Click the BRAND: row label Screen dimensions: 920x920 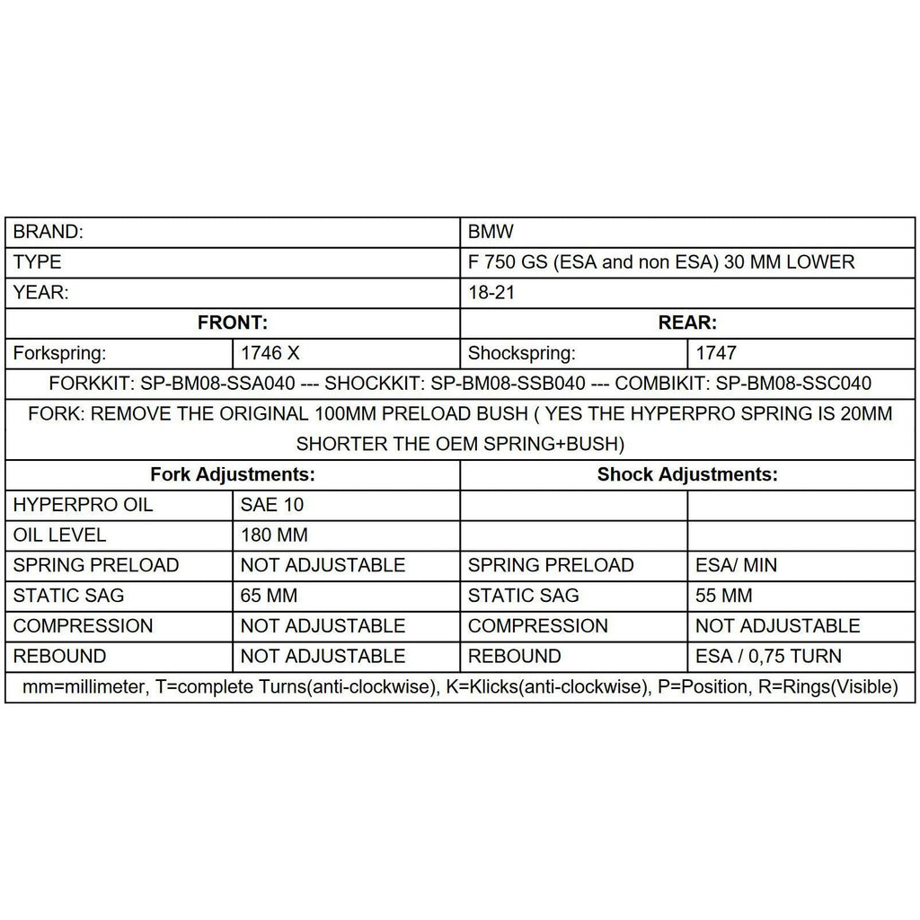pyautogui.click(x=49, y=232)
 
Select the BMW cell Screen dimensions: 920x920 pyautogui.click(x=491, y=232)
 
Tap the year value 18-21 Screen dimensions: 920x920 pyautogui.click(x=491, y=293)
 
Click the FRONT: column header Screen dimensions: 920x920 pyautogui.click(x=232, y=323)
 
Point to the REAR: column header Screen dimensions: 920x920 pyautogui.click(x=687, y=323)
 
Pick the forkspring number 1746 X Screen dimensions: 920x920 pyautogui.click(x=270, y=353)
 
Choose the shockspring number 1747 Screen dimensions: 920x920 pyautogui.click(x=715, y=353)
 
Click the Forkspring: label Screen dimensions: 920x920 pyautogui.click(x=61, y=353)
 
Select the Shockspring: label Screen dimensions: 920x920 pyautogui.click(x=522, y=353)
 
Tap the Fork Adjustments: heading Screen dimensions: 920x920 pyautogui.click(x=232, y=474)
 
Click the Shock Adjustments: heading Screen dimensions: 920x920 pyautogui.click(x=687, y=474)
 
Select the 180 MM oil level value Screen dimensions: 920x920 pyautogui.click(x=274, y=535)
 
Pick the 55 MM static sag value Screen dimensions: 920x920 pyautogui.click(x=724, y=596)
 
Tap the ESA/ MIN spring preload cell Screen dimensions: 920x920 pyautogui.click(x=737, y=565)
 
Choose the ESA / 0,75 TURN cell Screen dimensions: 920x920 pyautogui.click(x=768, y=656)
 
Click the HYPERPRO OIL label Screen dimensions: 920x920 pyautogui.click(x=84, y=505)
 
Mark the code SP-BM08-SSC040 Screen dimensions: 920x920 pyautogui.click(x=793, y=384)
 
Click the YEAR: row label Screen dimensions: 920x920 pyautogui.click(x=41, y=293)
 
